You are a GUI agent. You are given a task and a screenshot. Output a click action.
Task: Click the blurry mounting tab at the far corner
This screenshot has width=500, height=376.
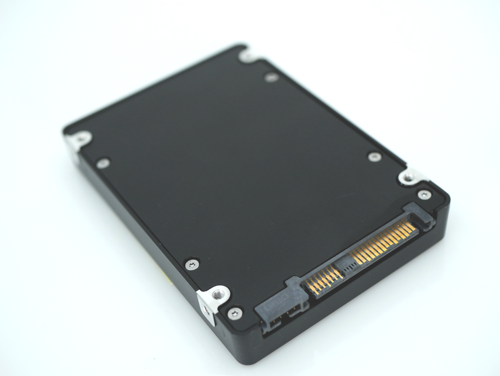(248, 54)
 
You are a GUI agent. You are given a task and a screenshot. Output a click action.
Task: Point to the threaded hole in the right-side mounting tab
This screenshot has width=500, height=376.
(409, 178)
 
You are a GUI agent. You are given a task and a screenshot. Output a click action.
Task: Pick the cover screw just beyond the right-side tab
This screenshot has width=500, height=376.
(374, 156)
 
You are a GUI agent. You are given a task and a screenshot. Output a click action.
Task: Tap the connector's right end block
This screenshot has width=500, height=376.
(421, 216)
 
